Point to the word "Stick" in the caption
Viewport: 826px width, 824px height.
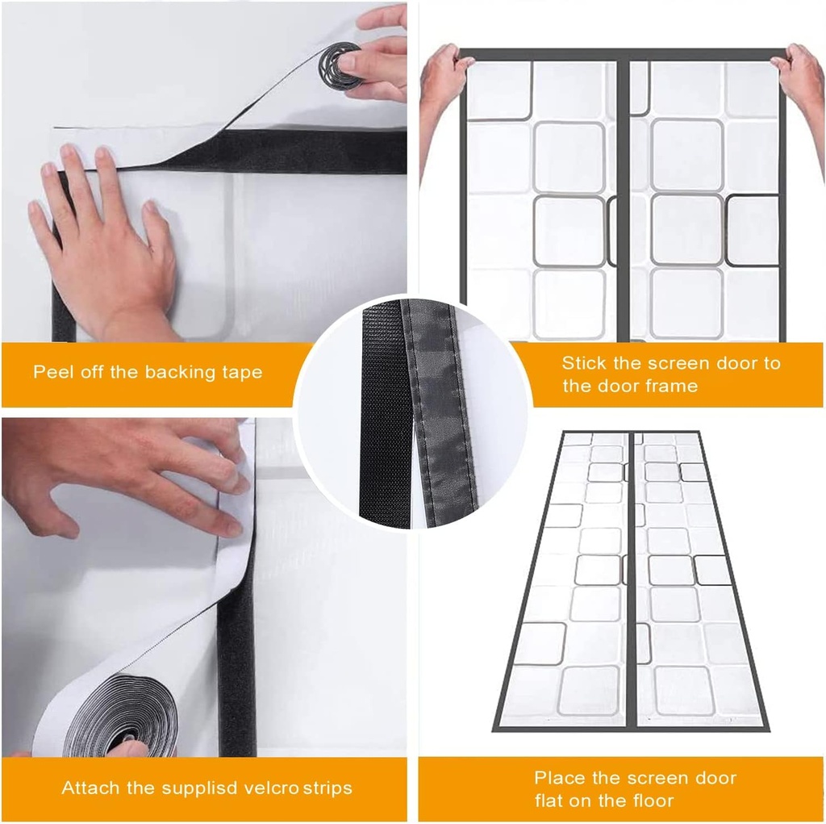click(x=583, y=363)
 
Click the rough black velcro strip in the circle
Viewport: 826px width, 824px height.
click(x=386, y=412)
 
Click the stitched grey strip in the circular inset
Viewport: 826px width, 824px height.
click(x=440, y=412)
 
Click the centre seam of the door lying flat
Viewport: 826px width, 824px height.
click(x=630, y=581)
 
